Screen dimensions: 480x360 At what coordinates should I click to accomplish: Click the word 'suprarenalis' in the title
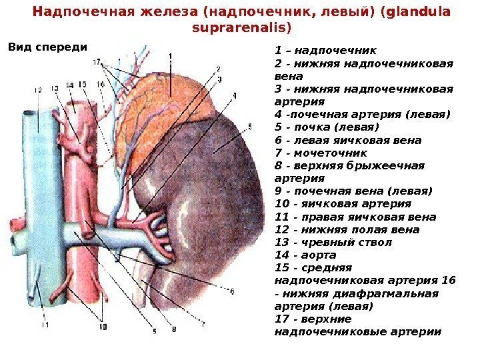point(241,28)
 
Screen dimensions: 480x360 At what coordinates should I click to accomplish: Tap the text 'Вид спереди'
point(47,47)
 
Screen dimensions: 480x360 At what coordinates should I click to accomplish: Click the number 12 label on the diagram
point(37,89)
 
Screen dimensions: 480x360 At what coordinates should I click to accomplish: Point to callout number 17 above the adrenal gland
point(97,61)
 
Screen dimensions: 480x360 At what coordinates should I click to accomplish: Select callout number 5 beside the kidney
point(249,125)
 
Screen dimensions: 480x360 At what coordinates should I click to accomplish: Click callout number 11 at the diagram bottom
point(45,325)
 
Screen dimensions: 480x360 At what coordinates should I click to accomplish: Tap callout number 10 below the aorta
point(103,327)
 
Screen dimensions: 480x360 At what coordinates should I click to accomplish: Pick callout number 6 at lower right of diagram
point(231,291)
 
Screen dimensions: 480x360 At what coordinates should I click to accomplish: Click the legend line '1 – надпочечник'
point(325,50)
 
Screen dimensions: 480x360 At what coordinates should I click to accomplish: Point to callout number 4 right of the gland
point(233,95)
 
